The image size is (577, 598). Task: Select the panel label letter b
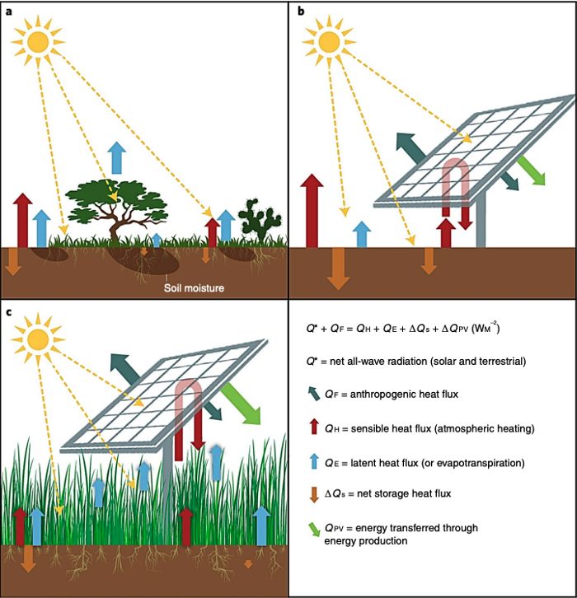click(x=301, y=11)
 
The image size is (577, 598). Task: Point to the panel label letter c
click(x=9, y=311)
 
